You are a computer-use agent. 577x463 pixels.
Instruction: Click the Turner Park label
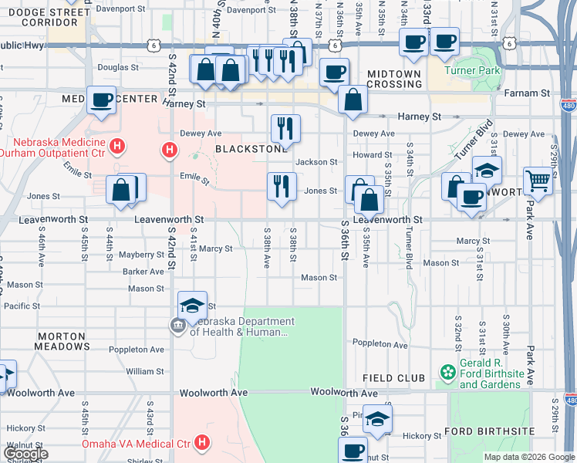pos(477,70)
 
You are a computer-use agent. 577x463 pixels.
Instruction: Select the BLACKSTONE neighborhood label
pos(245,148)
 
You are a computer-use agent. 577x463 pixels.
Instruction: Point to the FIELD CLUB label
pos(393,378)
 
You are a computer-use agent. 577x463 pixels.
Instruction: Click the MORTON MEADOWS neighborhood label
pos(61,342)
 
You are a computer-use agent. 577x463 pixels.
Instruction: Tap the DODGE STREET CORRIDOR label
pos(75,19)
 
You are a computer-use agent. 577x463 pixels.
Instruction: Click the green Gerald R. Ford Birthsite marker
pos(447,373)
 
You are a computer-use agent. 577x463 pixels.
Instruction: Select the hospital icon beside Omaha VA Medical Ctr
pos(202,442)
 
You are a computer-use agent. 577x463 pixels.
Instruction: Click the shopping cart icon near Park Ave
pos(538,181)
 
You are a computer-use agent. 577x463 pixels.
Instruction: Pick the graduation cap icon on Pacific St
pos(192,305)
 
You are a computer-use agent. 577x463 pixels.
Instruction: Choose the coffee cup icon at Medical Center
pos(101,99)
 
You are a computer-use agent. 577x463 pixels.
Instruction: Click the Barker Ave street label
pos(143,272)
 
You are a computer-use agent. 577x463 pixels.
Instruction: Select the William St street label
pos(145,371)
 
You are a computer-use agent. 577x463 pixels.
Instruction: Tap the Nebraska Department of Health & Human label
pos(242,327)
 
